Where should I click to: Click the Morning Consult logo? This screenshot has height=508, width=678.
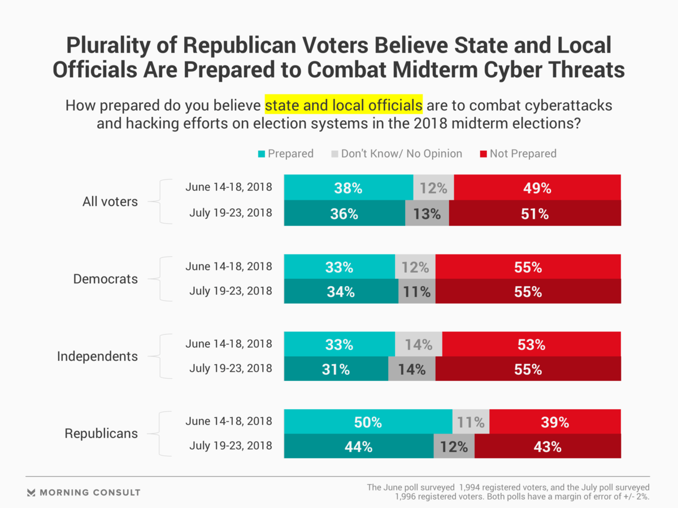(x=84, y=492)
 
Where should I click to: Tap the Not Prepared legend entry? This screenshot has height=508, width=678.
(x=518, y=154)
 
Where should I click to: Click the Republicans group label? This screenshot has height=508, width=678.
(x=101, y=433)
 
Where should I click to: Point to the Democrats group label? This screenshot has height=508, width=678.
(x=106, y=279)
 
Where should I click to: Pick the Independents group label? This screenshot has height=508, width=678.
(x=98, y=356)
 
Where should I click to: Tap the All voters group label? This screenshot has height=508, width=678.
(x=110, y=202)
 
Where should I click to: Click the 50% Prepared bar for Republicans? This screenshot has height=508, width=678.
(x=368, y=422)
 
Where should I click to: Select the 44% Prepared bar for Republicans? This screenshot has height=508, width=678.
(x=358, y=446)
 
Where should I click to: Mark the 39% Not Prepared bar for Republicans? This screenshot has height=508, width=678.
(x=555, y=422)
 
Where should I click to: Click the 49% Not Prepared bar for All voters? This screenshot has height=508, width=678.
(x=537, y=188)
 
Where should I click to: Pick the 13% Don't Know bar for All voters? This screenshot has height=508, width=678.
(x=427, y=214)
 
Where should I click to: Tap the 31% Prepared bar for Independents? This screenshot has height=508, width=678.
(x=336, y=370)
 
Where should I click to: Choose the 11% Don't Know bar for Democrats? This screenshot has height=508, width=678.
(x=416, y=292)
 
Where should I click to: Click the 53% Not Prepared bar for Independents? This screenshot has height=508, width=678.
(x=531, y=344)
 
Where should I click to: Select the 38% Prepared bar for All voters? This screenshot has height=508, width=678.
(x=348, y=188)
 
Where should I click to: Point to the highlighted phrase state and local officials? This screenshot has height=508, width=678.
(x=344, y=105)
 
